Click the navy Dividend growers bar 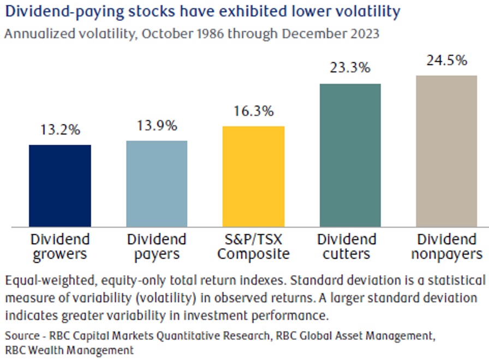click(x=60, y=186)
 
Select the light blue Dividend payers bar click(x=157, y=184)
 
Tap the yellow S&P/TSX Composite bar click(x=253, y=176)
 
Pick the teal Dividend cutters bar click(x=350, y=155)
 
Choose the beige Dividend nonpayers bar click(x=446, y=151)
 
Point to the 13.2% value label click(x=60, y=129)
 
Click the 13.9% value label click(x=157, y=126)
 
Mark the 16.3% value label click(x=254, y=111)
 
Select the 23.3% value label click(x=350, y=67)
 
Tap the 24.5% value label click(x=447, y=60)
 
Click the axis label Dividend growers click(x=60, y=247)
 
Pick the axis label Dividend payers click(x=157, y=247)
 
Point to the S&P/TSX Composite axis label click(x=254, y=247)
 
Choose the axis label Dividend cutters click(x=347, y=247)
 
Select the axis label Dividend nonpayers click(x=447, y=247)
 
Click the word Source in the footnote click(x=22, y=335)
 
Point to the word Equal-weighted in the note click(x=50, y=281)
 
